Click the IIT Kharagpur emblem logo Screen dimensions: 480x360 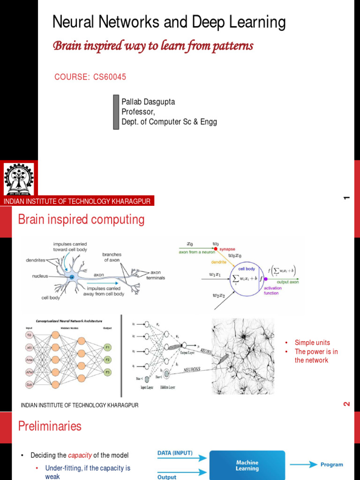(x=19, y=179)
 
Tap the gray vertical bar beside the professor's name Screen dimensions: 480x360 (x=116, y=112)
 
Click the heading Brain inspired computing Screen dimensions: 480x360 (x=81, y=219)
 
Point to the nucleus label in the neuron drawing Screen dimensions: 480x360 (x=40, y=276)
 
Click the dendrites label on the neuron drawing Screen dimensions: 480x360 (x=36, y=260)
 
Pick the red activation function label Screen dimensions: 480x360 (x=273, y=291)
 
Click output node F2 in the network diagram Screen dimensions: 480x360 (x=107, y=360)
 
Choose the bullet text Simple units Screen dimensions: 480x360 (x=312, y=343)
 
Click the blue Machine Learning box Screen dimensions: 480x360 (x=247, y=465)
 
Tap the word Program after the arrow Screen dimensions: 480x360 (x=331, y=465)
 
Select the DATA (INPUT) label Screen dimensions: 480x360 (x=175, y=453)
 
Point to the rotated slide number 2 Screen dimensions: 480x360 (x=347, y=404)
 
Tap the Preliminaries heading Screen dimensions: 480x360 (x=50, y=426)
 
